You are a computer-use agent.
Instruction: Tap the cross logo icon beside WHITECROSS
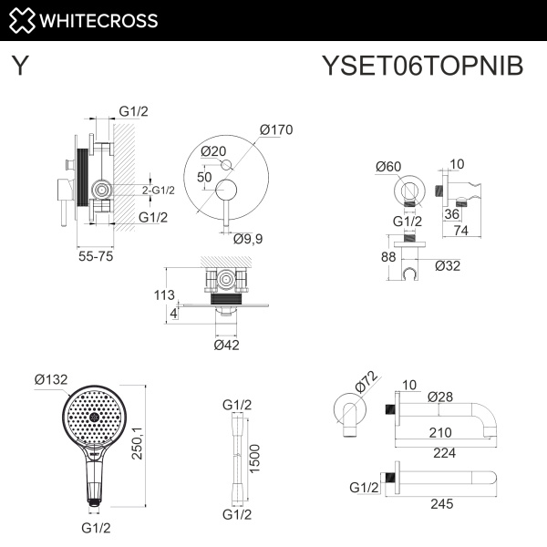(x=22, y=20)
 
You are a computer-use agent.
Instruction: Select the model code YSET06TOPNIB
(x=423, y=67)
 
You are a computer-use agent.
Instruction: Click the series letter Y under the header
(x=20, y=67)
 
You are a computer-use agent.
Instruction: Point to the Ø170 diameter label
(x=275, y=129)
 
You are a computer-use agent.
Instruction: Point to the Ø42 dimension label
(x=226, y=345)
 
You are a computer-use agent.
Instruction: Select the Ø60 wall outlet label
(x=388, y=166)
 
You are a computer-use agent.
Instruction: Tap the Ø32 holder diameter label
(x=447, y=265)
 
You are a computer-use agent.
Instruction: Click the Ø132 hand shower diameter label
(x=52, y=378)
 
